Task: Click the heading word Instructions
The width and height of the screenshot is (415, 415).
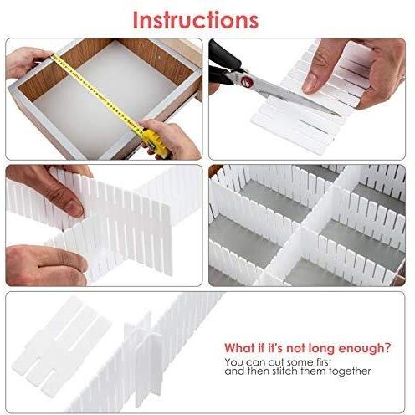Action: (x=196, y=20)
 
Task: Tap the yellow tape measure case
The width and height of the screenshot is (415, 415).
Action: (x=154, y=143)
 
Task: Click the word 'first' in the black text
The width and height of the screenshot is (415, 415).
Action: (x=323, y=362)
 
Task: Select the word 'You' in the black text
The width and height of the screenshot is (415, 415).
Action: (x=232, y=362)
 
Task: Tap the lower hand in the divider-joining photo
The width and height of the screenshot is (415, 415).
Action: (x=46, y=265)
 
